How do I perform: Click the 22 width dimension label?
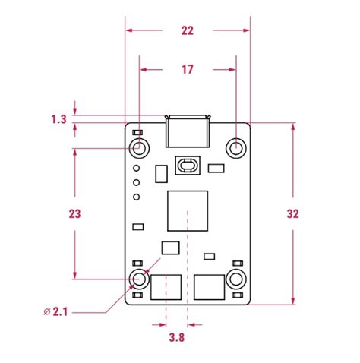pos(188,30)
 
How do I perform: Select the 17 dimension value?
pos(188,69)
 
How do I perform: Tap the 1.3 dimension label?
pos(58,119)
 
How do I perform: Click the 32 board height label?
pos(292,213)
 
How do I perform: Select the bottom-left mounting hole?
pos(138,279)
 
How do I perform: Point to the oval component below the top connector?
pos(187,165)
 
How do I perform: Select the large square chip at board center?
pos(187,210)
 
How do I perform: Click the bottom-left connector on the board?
pos(166,289)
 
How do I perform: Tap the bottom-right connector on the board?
pos(209,289)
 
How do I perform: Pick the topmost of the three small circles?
pos(136,168)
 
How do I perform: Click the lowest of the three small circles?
pos(136,197)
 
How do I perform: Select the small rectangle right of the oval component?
pos(216,168)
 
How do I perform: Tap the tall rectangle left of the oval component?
pos(160,175)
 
